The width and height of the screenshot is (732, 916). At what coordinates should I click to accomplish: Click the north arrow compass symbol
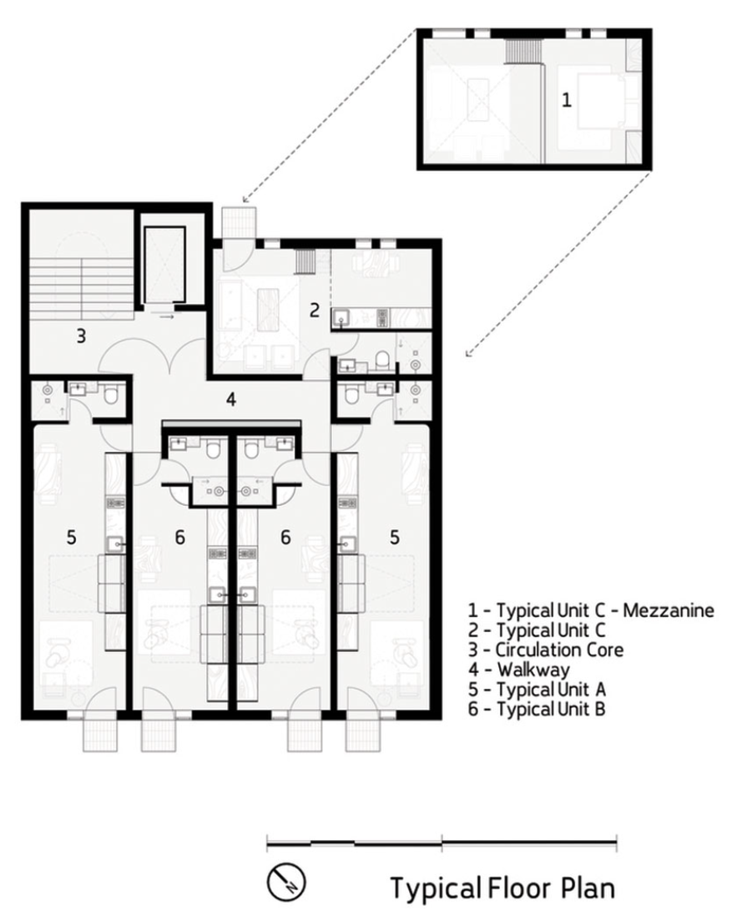(x=286, y=882)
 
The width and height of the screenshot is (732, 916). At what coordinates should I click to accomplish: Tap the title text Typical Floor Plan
(x=502, y=888)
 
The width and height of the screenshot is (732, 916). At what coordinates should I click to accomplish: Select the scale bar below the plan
(x=442, y=843)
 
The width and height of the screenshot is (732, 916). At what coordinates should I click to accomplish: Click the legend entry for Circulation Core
(x=546, y=650)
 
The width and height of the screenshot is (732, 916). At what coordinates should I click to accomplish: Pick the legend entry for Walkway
(x=519, y=670)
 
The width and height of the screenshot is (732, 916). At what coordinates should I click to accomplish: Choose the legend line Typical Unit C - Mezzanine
(x=591, y=610)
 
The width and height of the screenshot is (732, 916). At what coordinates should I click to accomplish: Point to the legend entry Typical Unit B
(x=537, y=709)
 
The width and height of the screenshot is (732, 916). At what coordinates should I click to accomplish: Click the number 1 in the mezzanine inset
(x=566, y=100)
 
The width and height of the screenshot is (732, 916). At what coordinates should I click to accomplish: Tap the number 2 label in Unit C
(x=314, y=310)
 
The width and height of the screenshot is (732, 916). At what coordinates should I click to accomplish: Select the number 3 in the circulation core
(x=81, y=336)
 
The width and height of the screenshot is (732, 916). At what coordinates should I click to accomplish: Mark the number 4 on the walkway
(x=231, y=400)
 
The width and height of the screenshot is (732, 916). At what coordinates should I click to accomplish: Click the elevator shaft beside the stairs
(x=165, y=265)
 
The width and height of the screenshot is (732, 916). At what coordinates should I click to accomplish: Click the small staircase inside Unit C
(x=305, y=261)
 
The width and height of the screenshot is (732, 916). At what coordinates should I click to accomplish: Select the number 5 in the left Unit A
(x=71, y=537)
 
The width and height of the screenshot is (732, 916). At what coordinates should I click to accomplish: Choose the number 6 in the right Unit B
(x=285, y=537)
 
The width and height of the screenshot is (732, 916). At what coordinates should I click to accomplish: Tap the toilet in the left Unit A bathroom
(x=109, y=397)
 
